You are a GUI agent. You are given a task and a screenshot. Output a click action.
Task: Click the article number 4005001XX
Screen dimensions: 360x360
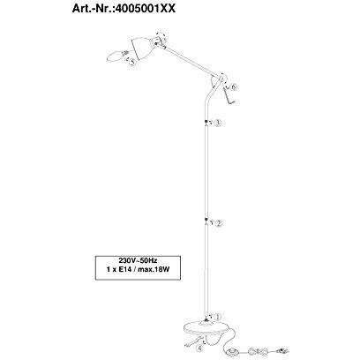click(145, 9)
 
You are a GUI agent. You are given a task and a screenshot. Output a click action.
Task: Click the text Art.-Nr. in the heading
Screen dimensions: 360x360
click(92, 9)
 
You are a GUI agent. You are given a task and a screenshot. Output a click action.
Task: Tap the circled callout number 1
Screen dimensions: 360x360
click(217, 317)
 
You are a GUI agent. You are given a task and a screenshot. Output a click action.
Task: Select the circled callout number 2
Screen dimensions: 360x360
click(219, 223)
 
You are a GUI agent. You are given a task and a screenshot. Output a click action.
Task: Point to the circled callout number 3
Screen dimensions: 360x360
click(217, 123)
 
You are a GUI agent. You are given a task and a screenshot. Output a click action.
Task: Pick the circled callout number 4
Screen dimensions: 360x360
click(199, 349)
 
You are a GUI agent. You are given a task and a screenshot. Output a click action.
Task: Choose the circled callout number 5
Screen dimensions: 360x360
click(132, 63)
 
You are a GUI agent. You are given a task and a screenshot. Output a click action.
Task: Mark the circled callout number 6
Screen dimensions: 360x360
click(234, 87)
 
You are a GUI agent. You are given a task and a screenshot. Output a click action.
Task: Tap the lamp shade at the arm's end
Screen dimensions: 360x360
click(142, 47)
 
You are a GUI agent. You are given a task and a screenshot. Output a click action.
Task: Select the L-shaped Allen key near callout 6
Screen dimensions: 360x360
click(229, 96)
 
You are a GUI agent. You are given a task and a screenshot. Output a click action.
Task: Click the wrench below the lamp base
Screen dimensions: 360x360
click(191, 342)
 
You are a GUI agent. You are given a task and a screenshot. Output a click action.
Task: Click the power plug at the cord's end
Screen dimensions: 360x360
click(282, 350)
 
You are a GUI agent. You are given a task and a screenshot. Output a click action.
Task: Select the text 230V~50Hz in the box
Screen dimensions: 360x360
click(138, 260)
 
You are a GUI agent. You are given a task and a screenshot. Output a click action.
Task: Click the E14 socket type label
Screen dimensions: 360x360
click(126, 269)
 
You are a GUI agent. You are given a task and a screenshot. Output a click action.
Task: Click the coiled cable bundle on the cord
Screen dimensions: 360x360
click(258, 351)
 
